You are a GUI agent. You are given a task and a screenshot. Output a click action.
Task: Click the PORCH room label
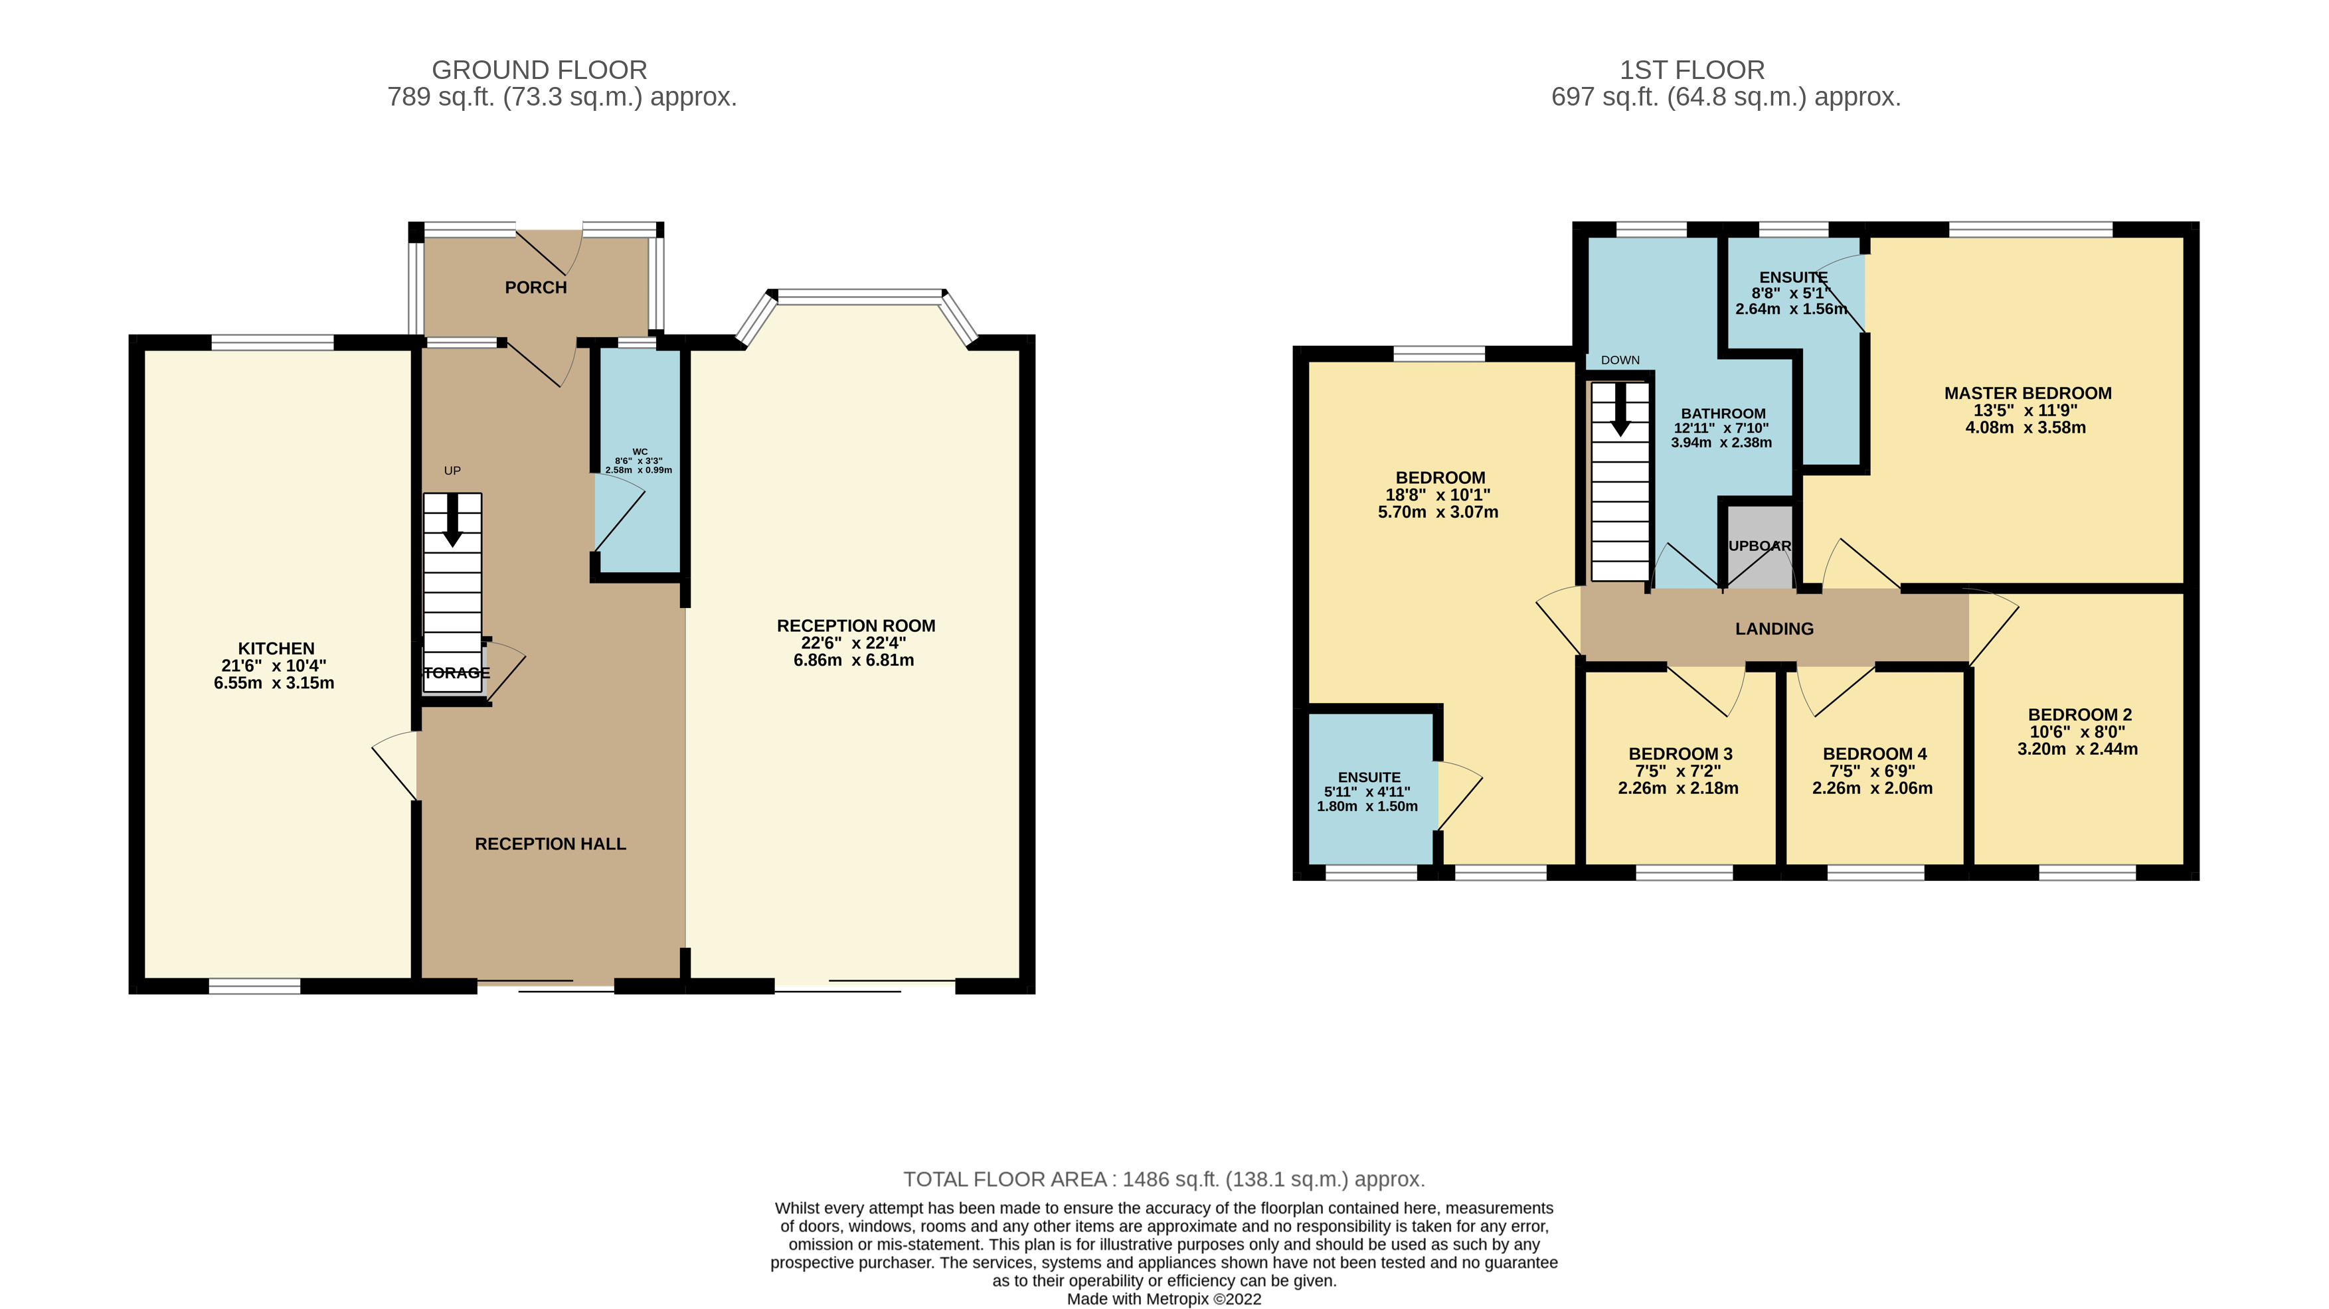click(535, 287)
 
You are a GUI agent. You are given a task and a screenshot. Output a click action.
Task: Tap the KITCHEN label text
click(276, 648)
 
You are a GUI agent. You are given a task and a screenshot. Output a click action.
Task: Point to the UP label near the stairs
click(452, 470)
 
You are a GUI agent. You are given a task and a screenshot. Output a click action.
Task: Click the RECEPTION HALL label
click(550, 844)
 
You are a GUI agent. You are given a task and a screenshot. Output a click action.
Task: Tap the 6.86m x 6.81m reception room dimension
click(853, 660)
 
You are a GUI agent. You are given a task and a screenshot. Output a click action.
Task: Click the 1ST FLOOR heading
click(1691, 70)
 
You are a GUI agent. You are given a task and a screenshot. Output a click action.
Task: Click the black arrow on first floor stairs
click(1620, 410)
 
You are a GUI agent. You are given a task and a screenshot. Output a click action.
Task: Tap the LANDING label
click(1774, 629)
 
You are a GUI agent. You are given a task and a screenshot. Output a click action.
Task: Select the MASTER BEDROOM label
click(2027, 393)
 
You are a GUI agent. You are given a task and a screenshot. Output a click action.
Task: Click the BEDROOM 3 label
click(1680, 753)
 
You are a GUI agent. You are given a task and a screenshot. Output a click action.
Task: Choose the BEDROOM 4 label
click(1874, 753)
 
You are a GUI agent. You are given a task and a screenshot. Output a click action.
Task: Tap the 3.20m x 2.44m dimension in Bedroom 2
click(2077, 749)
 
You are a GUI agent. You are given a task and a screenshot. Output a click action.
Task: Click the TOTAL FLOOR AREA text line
click(1164, 1179)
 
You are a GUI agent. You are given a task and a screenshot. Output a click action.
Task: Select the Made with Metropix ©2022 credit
click(1164, 1299)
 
